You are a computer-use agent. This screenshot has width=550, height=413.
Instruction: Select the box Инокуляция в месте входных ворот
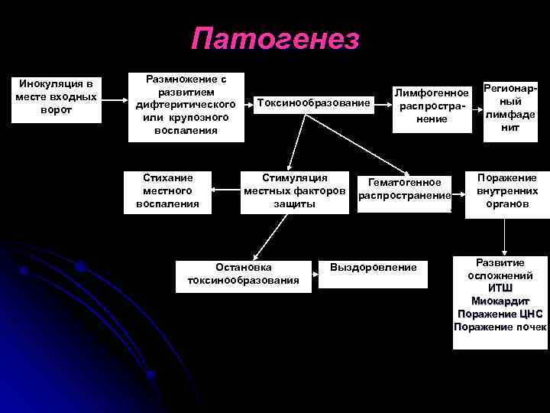click(x=57, y=96)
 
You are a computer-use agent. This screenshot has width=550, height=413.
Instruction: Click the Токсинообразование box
click(x=313, y=102)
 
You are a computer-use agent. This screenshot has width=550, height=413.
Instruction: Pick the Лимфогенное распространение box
click(x=432, y=106)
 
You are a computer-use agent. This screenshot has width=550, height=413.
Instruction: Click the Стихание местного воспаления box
click(x=167, y=190)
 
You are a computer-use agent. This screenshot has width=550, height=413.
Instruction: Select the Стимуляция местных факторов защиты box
click(x=294, y=190)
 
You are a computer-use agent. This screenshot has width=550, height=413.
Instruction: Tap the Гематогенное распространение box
click(x=405, y=189)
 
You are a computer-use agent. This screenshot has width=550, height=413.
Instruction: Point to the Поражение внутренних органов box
click(x=507, y=190)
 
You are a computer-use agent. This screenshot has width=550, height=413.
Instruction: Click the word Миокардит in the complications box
click(x=500, y=301)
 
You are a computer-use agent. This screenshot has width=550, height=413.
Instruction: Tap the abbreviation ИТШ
click(x=500, y=288)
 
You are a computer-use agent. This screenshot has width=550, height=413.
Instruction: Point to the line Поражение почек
click(x=500, y=327)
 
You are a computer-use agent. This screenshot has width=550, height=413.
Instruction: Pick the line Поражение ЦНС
click(x=500, y=314)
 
